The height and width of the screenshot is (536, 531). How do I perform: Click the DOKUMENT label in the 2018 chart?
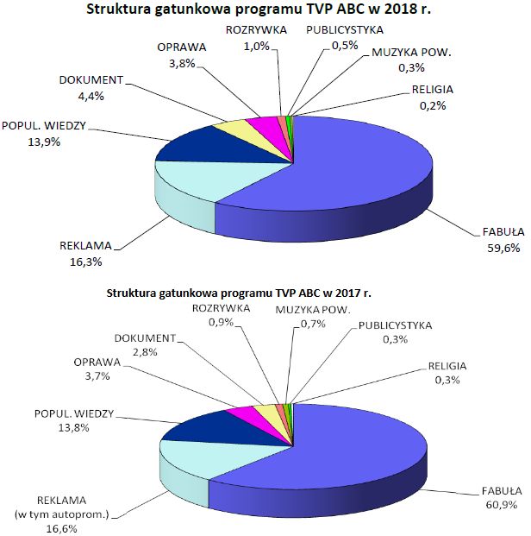pos(91,81)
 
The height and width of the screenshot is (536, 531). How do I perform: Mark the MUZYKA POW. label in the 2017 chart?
pos(313,309)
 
